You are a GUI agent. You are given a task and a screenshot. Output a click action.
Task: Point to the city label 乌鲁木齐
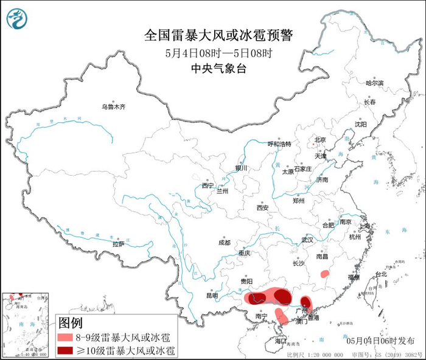113,106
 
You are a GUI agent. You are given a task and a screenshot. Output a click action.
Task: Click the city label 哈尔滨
374,83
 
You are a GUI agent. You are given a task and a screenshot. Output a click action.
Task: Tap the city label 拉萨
118,243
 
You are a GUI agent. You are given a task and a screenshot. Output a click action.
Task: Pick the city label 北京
320,139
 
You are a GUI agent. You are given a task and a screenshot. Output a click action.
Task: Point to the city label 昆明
211,296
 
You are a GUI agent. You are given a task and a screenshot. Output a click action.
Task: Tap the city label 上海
365,226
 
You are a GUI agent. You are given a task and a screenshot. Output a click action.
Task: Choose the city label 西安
262,207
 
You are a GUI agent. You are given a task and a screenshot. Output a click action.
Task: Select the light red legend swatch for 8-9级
66,337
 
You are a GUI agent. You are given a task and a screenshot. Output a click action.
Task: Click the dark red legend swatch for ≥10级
66,350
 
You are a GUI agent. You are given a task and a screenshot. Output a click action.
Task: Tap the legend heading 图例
70,322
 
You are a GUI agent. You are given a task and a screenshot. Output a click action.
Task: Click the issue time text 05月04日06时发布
381,340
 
